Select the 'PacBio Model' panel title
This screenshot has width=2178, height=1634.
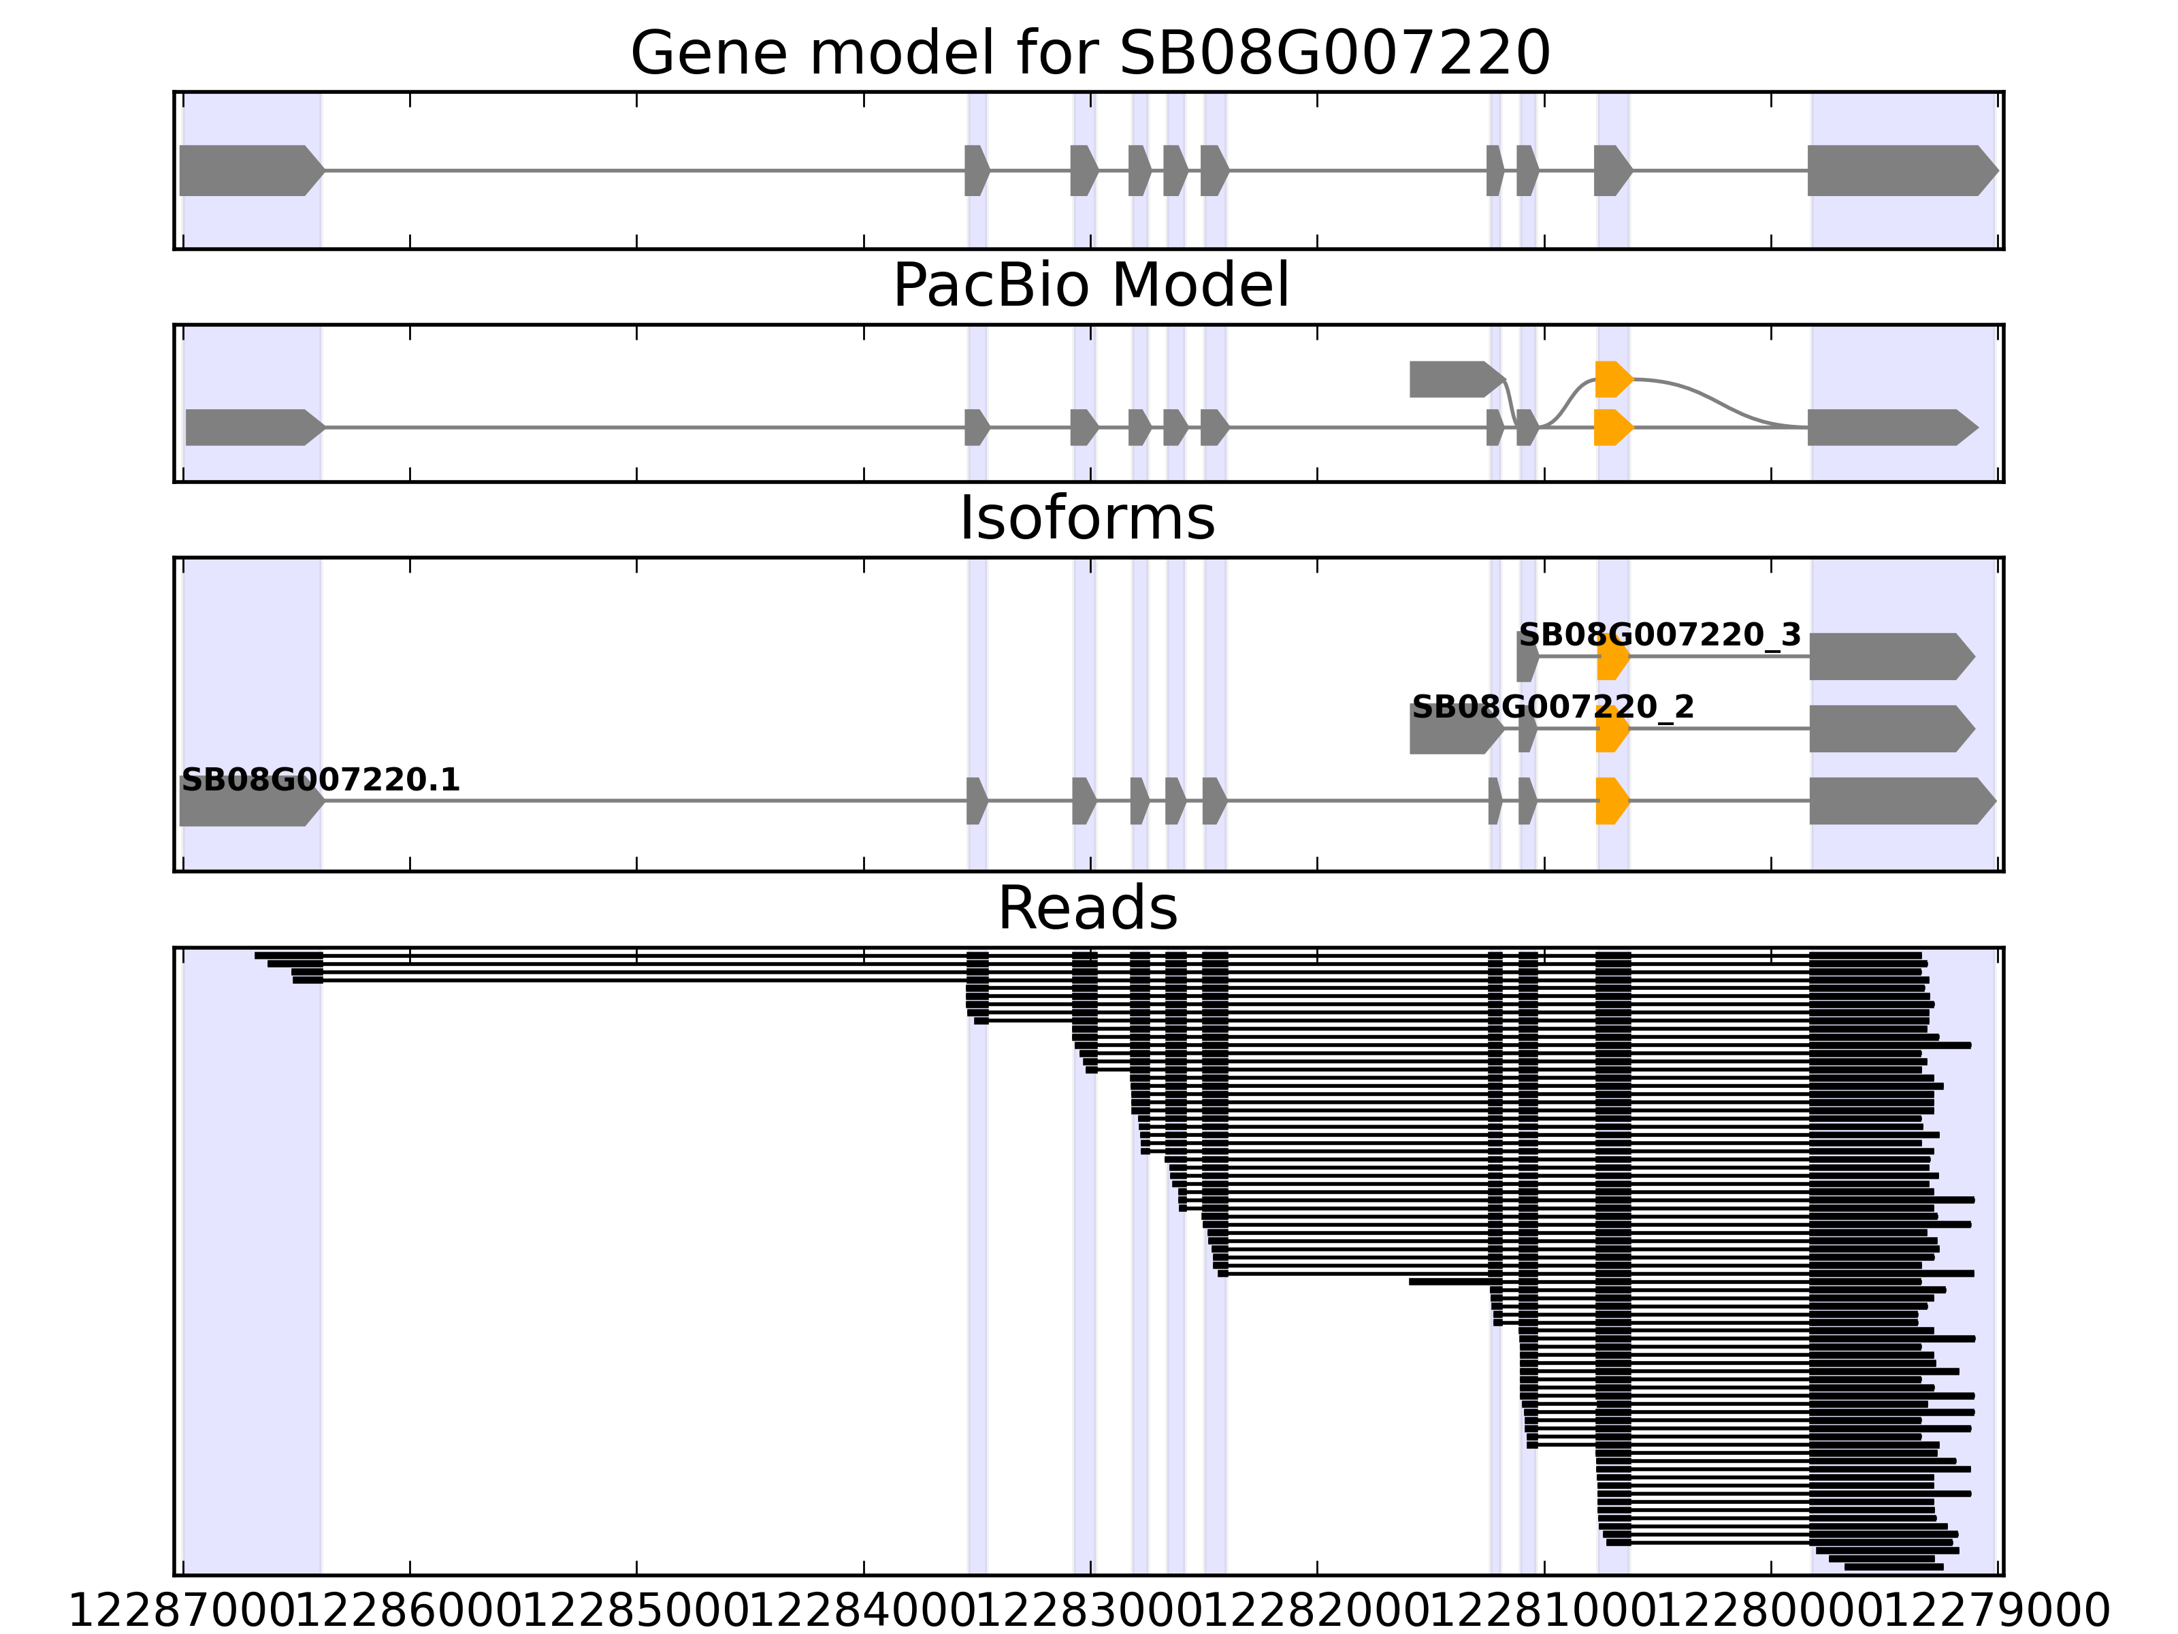[1090, 287]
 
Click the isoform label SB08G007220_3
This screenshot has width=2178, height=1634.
[1659, 635]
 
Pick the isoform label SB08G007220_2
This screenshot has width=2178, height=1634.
[1553, 707]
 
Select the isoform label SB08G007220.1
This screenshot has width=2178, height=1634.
[320, 781]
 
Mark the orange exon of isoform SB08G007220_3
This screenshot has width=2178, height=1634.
[1612, 658]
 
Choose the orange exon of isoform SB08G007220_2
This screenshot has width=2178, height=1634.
[1612, 730]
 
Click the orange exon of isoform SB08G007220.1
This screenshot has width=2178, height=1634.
[1612, 801]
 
